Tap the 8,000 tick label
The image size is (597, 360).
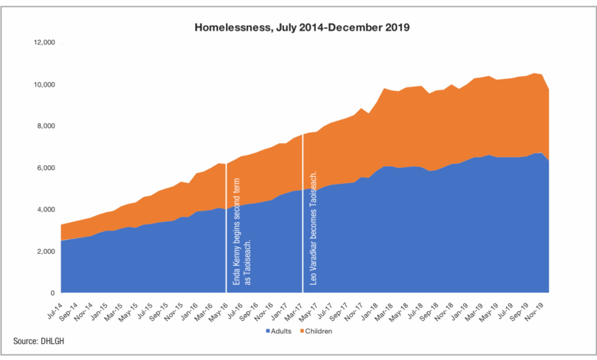pos(45,126)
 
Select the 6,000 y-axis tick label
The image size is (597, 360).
pos(45,168)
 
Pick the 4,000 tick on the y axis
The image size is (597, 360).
pos(45,209)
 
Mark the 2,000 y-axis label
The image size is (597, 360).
pos(45,251)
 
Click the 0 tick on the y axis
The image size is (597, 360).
pos(52,293)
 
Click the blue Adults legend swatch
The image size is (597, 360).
pos(268,332)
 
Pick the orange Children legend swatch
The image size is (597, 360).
pos(302,332)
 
